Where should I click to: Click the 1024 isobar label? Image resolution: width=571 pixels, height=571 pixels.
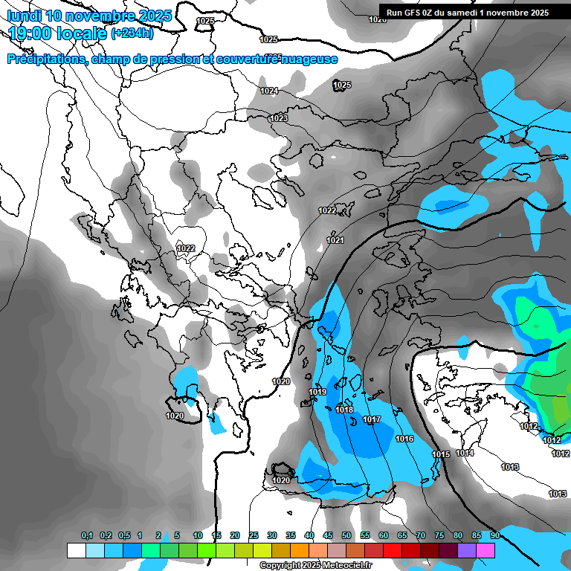[x=269, y=91]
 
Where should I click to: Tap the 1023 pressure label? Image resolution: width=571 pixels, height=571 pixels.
[x=279, y=118]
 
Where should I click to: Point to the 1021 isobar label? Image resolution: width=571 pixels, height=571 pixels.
[x=335, y=240]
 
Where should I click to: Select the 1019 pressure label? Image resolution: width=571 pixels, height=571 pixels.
[x=317, y=392]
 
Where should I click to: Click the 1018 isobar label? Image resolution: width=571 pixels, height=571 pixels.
[x=344, y=410]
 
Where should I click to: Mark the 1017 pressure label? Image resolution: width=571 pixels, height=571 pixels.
[x=372, y=420]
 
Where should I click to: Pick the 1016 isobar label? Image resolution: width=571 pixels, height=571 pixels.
[x=404, y=439]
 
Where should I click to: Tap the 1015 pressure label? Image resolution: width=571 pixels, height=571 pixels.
[x=441, y=454]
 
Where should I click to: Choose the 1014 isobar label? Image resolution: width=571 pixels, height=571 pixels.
[x=465, y=453]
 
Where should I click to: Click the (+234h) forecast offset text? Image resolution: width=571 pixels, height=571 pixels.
[x=132, y=33]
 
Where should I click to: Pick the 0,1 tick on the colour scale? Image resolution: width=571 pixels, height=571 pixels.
[x=87, y=535]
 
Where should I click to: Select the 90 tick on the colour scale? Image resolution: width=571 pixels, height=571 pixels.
[x=494, y=535]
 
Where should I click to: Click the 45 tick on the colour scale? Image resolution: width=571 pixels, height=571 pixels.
[x=328, y=535]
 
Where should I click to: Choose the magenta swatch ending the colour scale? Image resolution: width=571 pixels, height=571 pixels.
[x=485, y=550]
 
